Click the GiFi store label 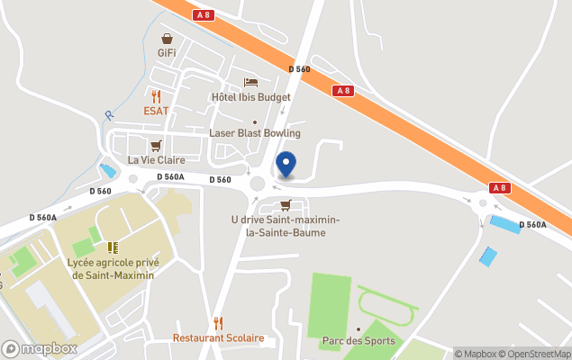pyautogui.click(x=167, y=53)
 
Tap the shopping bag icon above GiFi pyautogui.click(x=167, y=39)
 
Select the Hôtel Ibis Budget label pyautogui.click(x=250, y=97)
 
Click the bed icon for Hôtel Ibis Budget pyautogui.click(x=250, y=82)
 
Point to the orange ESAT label pyautogui.click(x=156, y=111)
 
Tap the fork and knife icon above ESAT pyautogui.click(x=156, y=95)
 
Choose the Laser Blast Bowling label pyautogui.click(x=255, y=133)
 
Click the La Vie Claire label pyautogui.click(x=156, y=160)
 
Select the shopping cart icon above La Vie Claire pyautogui.click(x=156, y=145)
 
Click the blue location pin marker pyautogui.click(x=286, y=165)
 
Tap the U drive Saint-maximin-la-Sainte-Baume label pyautogui.click(x=278, y=226)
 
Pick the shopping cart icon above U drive pyautogui.click(x=286, y=205)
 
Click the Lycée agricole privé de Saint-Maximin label pyautogui.click(x=113, y=268)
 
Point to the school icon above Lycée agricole pyautogui.click(x=113, y=247)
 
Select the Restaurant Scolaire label pyautogui.click(x=219, y=338)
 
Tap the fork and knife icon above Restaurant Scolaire pyautogui.click(x=218, y=322)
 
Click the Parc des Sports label pyautogui.click(x=358, y=341)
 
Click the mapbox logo pyautogui.click(x=40, y=348)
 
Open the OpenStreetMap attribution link pyautogui.click(x=535, y=354)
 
